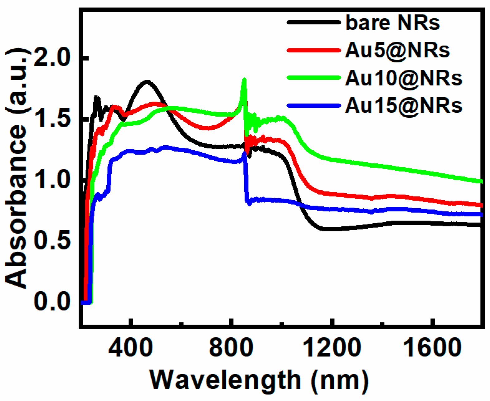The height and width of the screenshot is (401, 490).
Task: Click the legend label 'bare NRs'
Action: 392,23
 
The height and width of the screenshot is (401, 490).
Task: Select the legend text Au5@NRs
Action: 397,50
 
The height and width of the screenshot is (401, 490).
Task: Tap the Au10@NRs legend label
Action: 403,78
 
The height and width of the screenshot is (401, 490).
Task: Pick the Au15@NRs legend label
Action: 403,106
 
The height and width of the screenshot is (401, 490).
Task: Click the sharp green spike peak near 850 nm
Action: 244,80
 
